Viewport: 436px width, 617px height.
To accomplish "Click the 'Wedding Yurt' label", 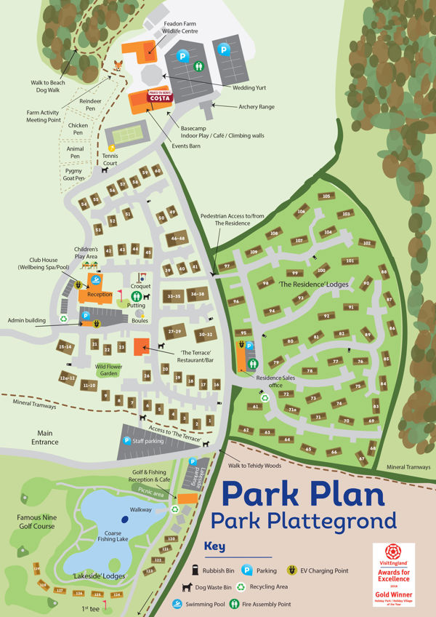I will pos(249,87).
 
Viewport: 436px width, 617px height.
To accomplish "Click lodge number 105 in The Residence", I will pos(326,196).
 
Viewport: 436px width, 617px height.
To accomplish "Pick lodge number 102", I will pos(367,243).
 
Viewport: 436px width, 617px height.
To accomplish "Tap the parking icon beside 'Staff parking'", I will pos(126,440).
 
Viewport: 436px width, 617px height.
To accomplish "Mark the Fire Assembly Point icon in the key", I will pos(235,604).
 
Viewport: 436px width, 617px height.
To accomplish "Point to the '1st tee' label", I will pos(89,608).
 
